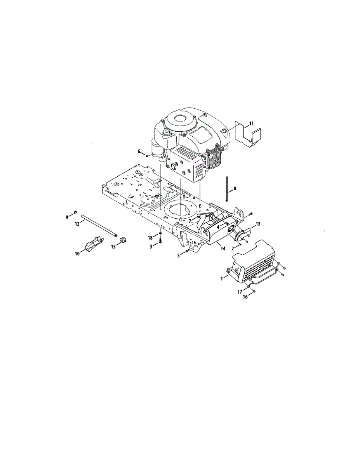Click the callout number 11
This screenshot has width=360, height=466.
pyautogui.click(x=251, y=123)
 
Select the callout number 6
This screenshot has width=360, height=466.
pyautogui.click(x=139, y=151)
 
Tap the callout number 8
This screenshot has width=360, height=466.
pyautogui.click(x=235, y=188)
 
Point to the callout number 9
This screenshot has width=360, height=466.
pyautogui.click(x=67, y=217)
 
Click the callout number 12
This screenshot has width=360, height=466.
pyautogui.click(x=77, y=224)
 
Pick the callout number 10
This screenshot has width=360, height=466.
pyautogui.click(x=77, y=254)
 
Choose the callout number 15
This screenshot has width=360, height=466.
pyautogui.click(x=113, y=247)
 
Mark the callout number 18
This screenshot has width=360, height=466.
pyautogui.click(x=150, y=238)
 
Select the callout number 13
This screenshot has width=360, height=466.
pyautogui.click(x=258, y=224)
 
